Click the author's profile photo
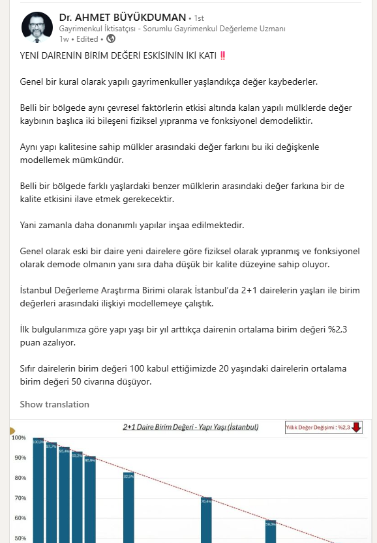click(38, 26)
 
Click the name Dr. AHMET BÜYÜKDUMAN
click(122, 16)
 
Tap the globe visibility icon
click(110, 39)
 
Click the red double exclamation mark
click(223, 55)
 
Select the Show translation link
click(54, 404)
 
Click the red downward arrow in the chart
click(357, 428)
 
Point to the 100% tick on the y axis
click(20, 437)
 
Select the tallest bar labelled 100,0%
click(38, 489)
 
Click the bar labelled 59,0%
click(271, 531)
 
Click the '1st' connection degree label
click(199, 17)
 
